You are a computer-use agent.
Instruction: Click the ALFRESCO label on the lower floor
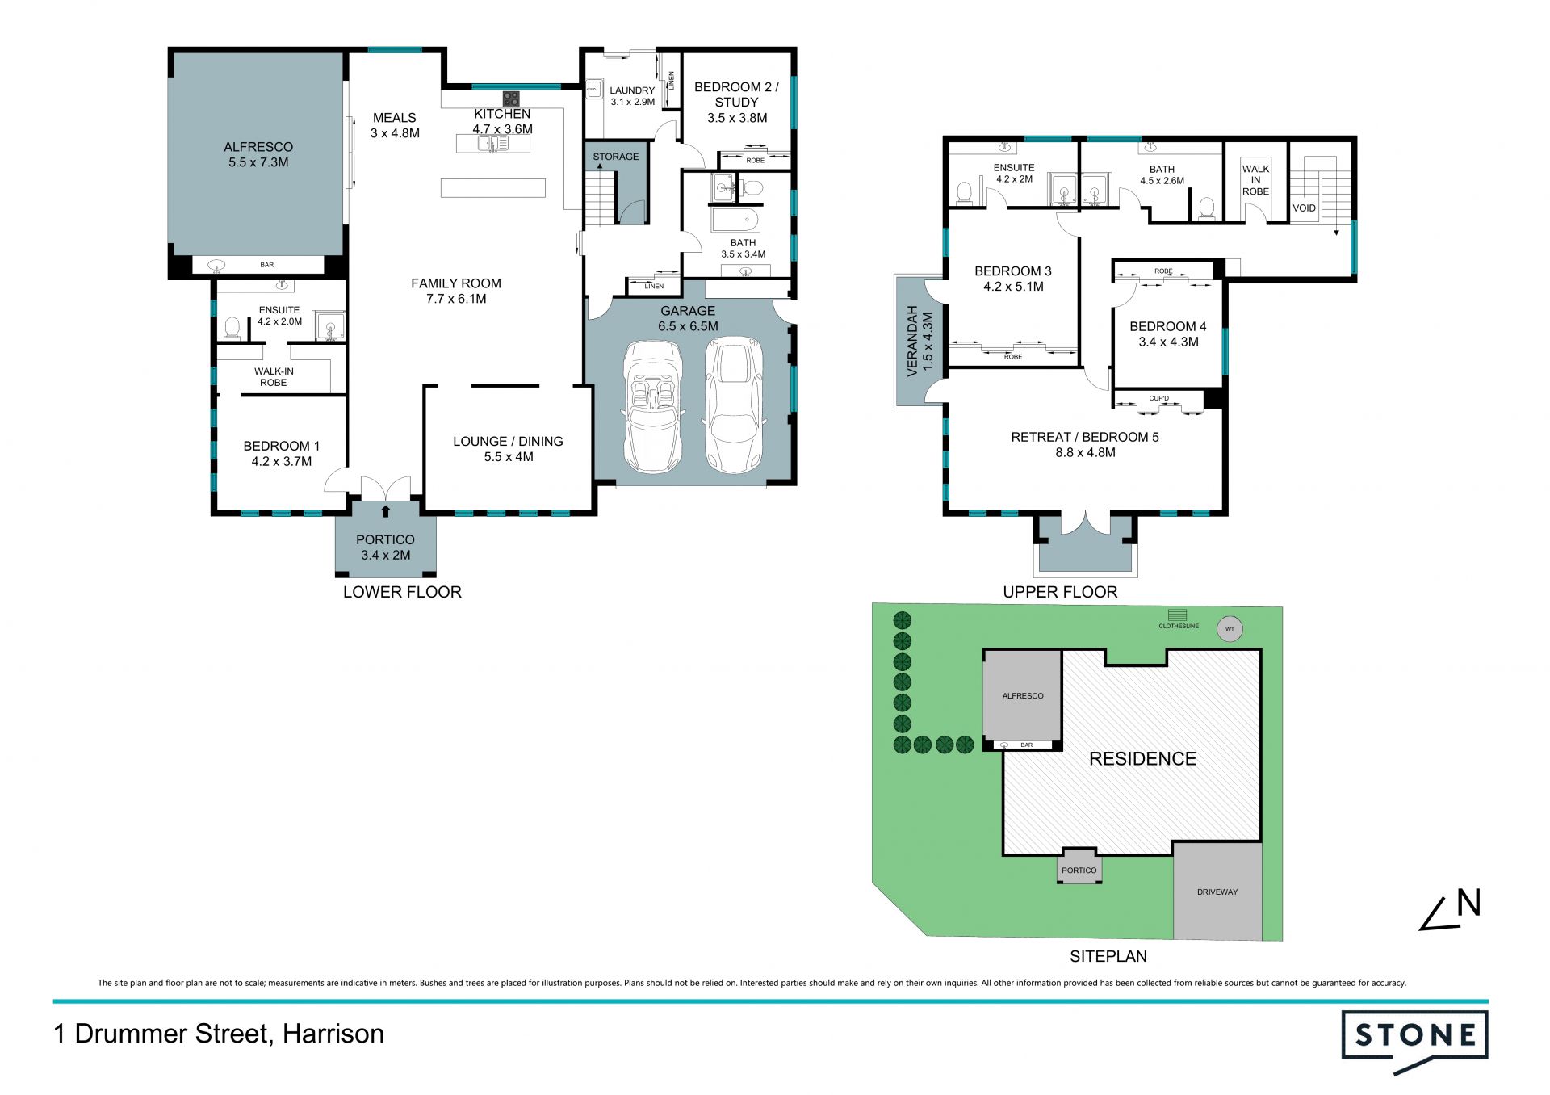click(x=258, y=147)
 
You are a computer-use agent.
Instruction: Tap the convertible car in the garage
click(x=653, y=407)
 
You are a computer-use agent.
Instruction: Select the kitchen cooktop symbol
click(x=511, y=99)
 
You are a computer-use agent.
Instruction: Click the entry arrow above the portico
click(x=386, y=510)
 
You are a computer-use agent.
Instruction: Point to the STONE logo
click(x=1414, y=1041)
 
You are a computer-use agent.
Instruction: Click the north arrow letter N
click(x=1468, y=903)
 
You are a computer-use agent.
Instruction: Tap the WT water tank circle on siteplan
click(x=1230, y=629)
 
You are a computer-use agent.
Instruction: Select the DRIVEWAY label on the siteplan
click(x=1217, y=892)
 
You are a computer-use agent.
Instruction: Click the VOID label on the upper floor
click(x=1304, y=208)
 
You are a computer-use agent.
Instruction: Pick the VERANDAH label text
click(x=913, y=341)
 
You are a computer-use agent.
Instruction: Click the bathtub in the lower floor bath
click(x=734, y=220)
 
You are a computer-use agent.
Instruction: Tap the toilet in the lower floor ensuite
click(x=232, y=328)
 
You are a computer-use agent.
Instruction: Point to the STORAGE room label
click(x=615, y=157)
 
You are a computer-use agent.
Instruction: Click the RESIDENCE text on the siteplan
click(x=1142, y=758)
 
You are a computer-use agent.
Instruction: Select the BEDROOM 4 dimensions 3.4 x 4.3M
click(x=1168, y=342)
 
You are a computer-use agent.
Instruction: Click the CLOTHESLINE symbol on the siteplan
click(x=1178, y=615)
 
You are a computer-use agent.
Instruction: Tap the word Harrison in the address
click(x=333, y=1034)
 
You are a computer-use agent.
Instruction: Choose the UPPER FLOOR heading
click(x=1060, y=592)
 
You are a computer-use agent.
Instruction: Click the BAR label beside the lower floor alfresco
click(x=266, y=265)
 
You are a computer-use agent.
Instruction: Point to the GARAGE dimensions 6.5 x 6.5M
click(x=688, y=326)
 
